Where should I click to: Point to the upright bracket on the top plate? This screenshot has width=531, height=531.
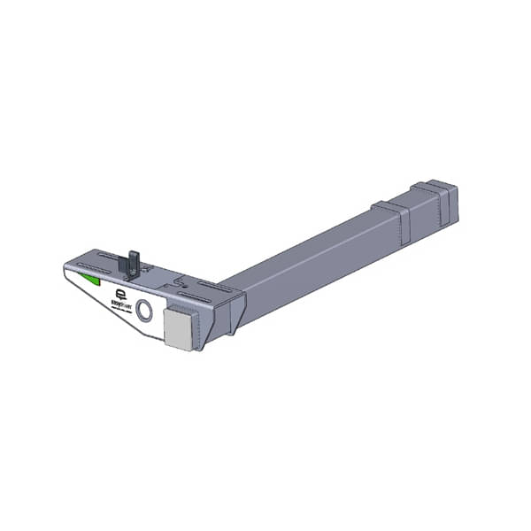(133, 261)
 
